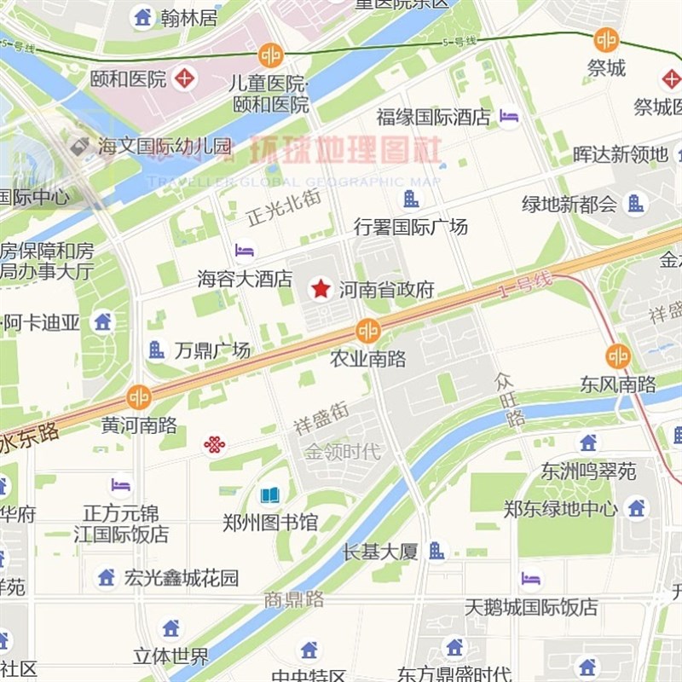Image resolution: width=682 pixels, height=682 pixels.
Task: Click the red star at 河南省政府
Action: pyautogui.click(x=320, y=289)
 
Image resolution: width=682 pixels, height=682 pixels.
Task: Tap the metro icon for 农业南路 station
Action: pyautogui.click(x=368, y=330)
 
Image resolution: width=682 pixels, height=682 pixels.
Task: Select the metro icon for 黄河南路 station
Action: pyautogui.click(x=138, y=396)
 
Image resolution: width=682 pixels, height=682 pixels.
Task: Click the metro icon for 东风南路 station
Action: pyautogui.click(x=618, y=356)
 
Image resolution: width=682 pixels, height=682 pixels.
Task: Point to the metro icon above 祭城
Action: pyautogui.click(x=606, y=39)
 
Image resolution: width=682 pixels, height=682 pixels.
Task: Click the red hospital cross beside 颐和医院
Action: pyautogui.click(x=184, y=80)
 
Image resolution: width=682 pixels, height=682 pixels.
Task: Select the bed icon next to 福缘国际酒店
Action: pyautogui.click(x=509, y=117)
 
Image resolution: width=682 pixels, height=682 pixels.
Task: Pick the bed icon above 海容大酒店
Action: pyautogui.click(x=245, y=251)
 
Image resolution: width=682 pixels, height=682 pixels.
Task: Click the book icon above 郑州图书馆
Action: pyautogui.click(x=269, y=495)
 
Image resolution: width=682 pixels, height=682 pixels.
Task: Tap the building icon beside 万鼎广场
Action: pyautogui.click(x=156, y=350)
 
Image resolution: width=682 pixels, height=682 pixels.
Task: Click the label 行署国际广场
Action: pyautogui.click(x=411, y=227)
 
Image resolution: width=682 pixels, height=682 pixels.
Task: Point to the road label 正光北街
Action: pyautogui.click(x=283, y=207)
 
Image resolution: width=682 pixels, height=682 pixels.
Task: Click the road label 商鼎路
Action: pyautogui.click(x=293, y=599)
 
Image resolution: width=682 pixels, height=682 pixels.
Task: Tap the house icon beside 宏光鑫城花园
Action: pyautogui.click(x=107, y=577)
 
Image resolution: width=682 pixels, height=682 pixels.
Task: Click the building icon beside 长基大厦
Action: pyautogui.click(x=436, y=551)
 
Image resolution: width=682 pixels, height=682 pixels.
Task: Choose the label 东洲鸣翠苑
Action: pyautogui.click(x=588, y=471)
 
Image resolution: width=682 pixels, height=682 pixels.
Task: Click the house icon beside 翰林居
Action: pyautogui.click(x=142, y=16)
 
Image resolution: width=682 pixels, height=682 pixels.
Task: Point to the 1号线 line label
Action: pyautogui.click(x=526, y=284)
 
